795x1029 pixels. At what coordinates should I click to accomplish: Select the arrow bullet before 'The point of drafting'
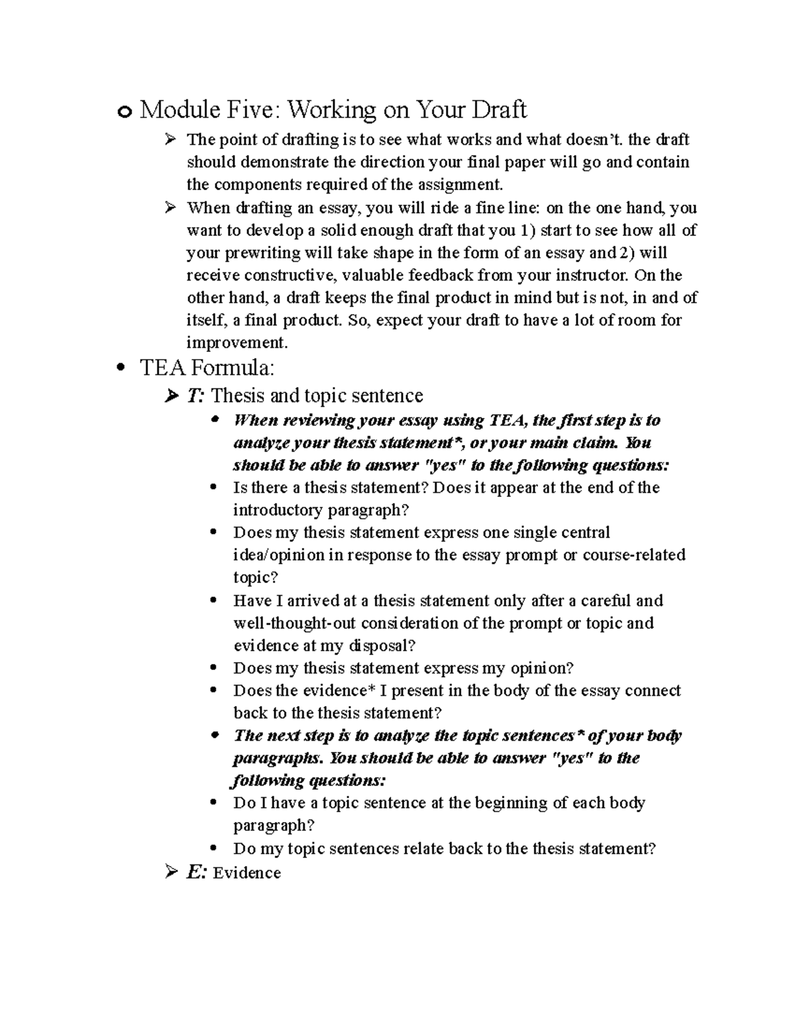[x=170, y=139]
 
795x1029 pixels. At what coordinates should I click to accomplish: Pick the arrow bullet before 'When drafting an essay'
[x=170, y=207]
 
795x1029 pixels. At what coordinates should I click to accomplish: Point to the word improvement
[x=237, y=343]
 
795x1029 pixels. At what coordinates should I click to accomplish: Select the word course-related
[x=634, y=555]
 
